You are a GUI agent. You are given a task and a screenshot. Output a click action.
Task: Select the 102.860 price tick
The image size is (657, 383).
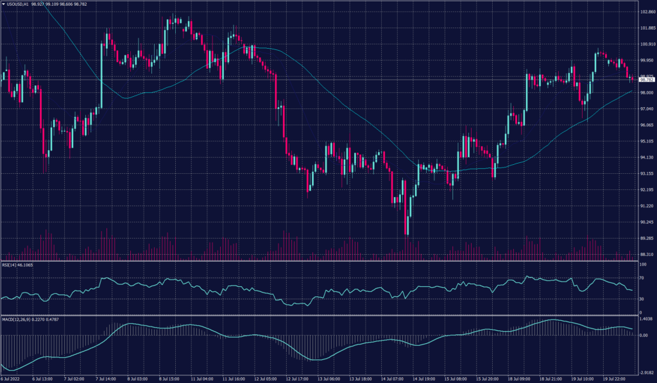coord(646,12)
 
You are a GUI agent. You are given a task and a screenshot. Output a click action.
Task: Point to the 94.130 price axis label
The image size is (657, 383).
coord(646,157)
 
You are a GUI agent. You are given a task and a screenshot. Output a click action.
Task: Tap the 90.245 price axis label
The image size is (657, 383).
coord(646,222)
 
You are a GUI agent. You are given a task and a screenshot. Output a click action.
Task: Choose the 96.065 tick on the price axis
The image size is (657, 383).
coord(646,125)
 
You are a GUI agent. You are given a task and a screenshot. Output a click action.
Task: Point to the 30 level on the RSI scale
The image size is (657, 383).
coord(642,299)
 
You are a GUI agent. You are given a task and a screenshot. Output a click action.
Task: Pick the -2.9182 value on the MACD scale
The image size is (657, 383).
coord(646,371)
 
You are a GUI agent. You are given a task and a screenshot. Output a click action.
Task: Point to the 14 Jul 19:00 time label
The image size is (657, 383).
coord(425,379)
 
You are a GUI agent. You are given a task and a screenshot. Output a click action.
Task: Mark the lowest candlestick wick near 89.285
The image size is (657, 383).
coord(407,234)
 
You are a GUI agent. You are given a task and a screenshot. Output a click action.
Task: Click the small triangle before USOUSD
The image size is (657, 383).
coord(3,3)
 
